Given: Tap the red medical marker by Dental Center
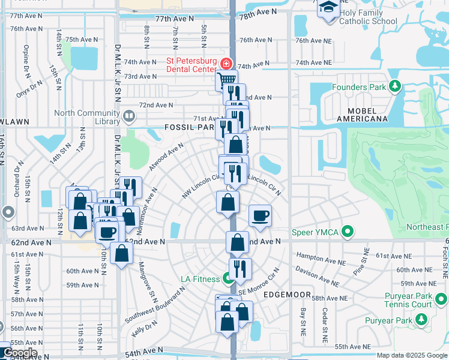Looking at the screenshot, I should click(226, 63).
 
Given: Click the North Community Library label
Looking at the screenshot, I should click(87, 117).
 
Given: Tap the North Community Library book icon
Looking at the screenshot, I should click(128, 116).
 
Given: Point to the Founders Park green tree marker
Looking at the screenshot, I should click(395, 87).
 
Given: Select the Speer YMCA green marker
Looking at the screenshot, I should click(347, 232).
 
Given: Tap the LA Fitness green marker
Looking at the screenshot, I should click(228, 278).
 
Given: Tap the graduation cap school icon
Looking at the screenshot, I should click(328, 8).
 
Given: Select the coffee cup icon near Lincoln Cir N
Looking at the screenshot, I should click(260, 215).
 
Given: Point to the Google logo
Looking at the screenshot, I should click(19, 353).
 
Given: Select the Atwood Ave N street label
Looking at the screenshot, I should click(166, 158).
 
